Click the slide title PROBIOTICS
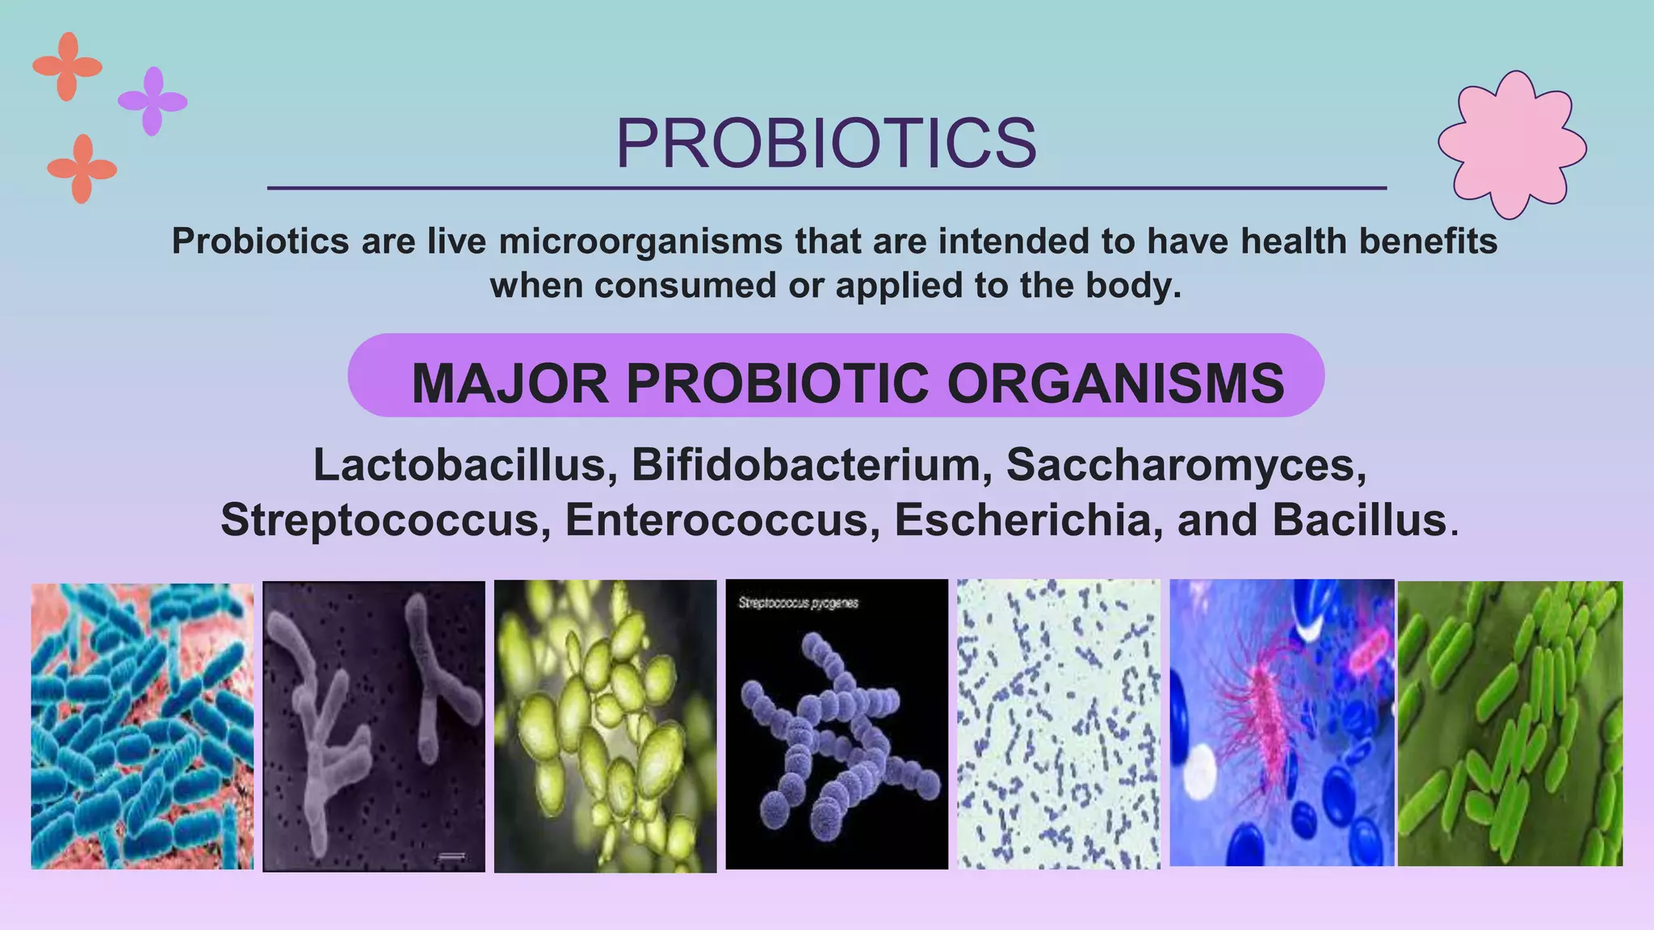pos(826,144)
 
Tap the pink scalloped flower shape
pos(1512,145)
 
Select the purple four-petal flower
pos(153,101)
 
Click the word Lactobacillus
pos(459,465)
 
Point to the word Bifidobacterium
pos(805,465)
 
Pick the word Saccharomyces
pos(1186,465)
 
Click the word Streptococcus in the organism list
pos(380,519)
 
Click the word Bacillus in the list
pos(1359,519)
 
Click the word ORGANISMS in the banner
pos(1115,383)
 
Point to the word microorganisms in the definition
pos(640,241)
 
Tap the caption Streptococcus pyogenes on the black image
pos(798,603)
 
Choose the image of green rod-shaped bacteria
pos(1509,723)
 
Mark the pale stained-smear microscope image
pos(1058,723)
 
